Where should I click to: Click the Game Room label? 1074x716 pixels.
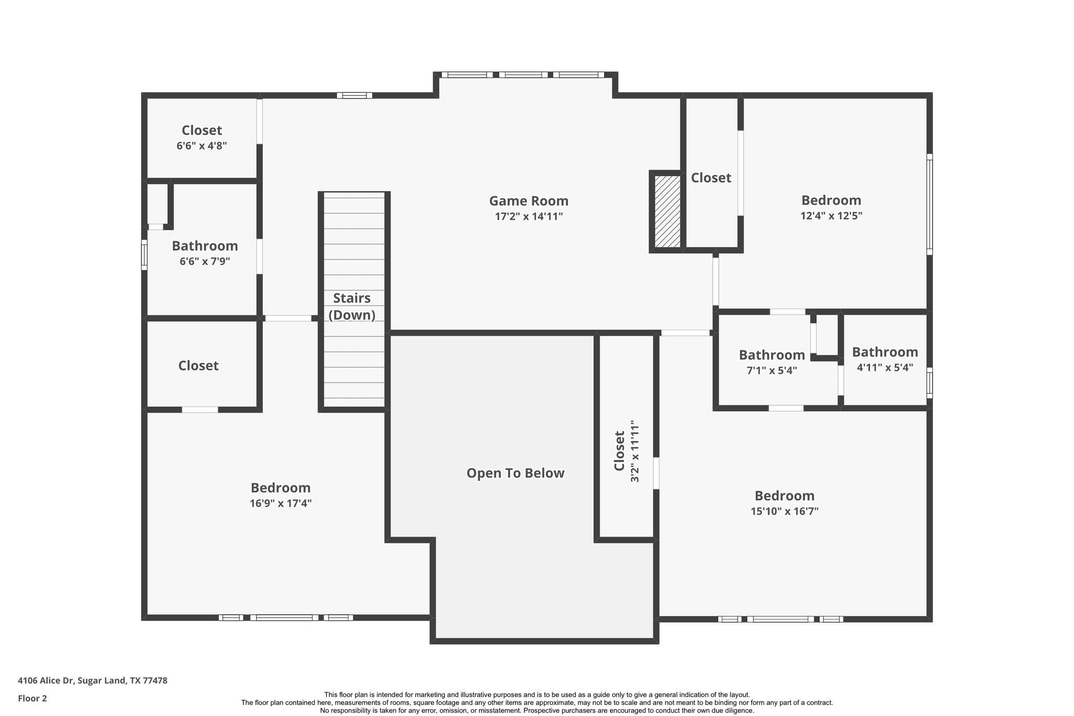pyautogui.click(x=529, y=201)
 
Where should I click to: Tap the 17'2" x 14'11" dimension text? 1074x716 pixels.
pyautogui.click(x=529, y=217)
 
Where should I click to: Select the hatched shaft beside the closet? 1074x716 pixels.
pyautogui.click(x=667, y=211)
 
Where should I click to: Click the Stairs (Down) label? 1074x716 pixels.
pyautogui.click(x=352, y=306)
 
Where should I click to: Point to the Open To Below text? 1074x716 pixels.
pyautogui.click(x=515, y=473)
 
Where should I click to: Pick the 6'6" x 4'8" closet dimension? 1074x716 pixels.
pyautogui.click(x=201, y=146)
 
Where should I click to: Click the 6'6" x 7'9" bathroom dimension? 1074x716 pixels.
pyautogui.click(x=205, y=261)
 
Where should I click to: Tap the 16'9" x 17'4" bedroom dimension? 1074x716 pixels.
pyautogui.click(x=281, y=504)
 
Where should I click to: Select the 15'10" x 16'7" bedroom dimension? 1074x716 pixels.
pyautogui.click(x=785, y=511)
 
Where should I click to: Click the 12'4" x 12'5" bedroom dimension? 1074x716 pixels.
pyautogui.click(x=831, y=216)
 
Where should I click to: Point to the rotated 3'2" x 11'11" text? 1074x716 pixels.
pyautogui.click(x=635, y=451)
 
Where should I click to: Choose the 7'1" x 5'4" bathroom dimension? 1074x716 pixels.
pyautogui.click(x=771, y=370)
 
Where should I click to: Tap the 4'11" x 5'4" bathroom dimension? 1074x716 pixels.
pyautogui.click(x=885, y=368)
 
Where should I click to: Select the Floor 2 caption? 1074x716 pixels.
pyautogui.click(x=33, y=699)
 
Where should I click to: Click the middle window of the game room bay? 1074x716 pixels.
pyautogui.click(x=523, y=75)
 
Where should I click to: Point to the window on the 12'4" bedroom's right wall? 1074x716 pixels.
pyautogui.click(x=929, y=204)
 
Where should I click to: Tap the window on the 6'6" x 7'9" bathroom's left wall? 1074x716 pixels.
pyautogui.click(x=144, y=255)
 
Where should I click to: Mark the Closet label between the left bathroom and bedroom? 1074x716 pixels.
pyautogui.click(x=198, y=366)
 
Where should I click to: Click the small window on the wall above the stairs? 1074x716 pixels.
pyautogui.click(x=355, y=95)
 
